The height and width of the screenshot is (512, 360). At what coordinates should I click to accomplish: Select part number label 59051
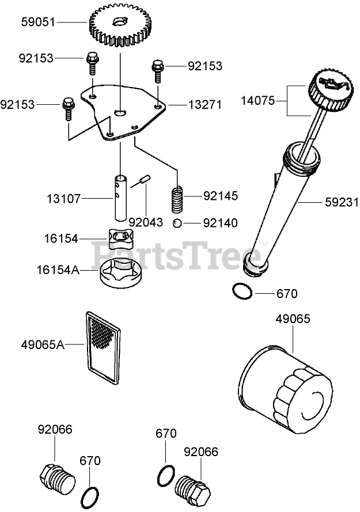[x=38, y=22]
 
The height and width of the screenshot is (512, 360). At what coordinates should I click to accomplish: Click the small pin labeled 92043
[x=143, y=180]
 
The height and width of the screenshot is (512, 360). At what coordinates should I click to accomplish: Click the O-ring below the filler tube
[x=242, y=292]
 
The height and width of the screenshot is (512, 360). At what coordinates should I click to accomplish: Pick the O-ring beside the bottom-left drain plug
[x=90, y=494]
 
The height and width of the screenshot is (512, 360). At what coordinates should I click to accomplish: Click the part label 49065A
[x=42, y=345]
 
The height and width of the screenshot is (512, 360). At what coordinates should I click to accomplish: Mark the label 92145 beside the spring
[x=219, y=196]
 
